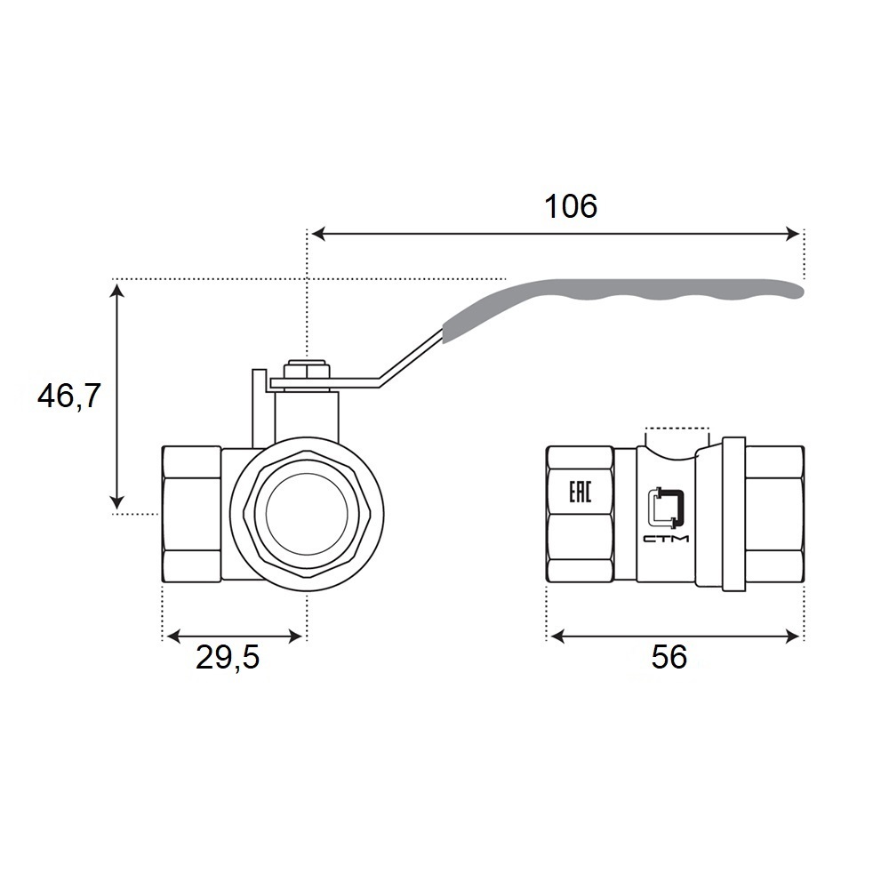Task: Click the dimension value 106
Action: [571, 206]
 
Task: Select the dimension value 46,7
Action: [68, 396]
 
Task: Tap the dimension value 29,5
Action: [228, 658]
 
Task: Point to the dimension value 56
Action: [669, 657]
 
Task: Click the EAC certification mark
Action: [580, 491]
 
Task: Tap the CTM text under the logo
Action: [666, 538]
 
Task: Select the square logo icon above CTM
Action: [666, 506]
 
